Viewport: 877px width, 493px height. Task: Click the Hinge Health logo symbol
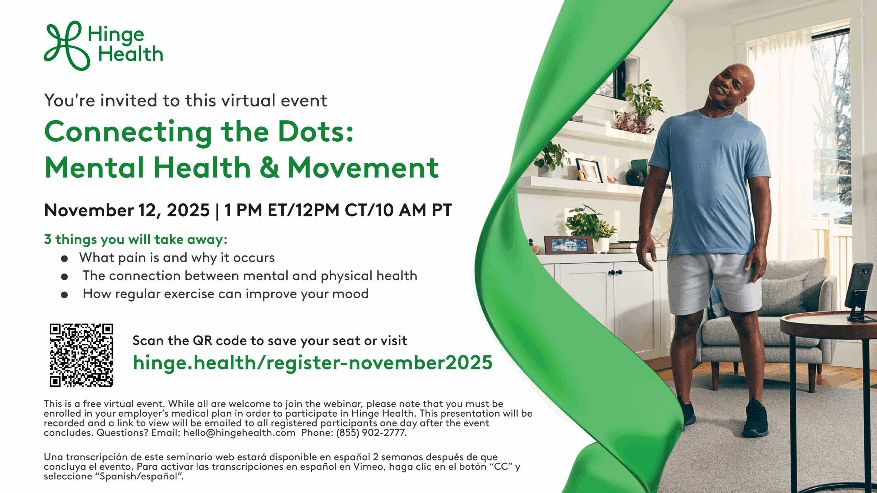67,46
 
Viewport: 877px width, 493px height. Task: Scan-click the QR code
82,355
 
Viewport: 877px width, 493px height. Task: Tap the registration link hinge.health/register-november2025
312,363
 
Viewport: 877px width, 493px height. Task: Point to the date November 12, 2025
127,210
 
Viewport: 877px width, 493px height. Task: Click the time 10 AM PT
414,210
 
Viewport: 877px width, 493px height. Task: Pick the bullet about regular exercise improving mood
225,294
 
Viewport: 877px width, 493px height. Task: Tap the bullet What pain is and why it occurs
177,258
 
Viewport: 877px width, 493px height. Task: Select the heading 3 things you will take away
136,240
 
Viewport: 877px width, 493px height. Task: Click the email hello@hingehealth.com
239,433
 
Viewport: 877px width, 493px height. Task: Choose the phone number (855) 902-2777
371,433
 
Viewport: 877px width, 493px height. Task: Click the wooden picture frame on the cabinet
569,245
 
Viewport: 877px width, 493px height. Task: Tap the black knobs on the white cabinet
615,273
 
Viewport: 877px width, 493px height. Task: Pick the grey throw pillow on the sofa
785,294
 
